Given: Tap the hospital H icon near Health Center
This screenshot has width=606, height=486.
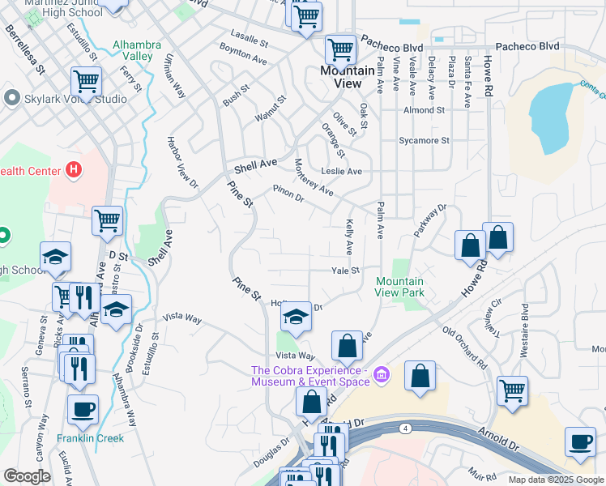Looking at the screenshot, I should coord(74,170).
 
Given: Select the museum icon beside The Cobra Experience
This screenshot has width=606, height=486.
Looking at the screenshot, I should coord(382,375).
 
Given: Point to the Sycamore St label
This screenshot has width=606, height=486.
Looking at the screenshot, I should coord(424,140).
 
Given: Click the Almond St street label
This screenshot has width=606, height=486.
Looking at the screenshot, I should coord(424,110).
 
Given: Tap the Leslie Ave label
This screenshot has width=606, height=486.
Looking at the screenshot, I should coord(342,171).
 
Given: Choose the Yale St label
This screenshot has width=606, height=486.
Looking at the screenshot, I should coord(345,271).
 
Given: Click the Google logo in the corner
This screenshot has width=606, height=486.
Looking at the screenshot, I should coord(27,476).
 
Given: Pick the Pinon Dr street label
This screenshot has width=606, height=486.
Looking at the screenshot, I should coord(288,195).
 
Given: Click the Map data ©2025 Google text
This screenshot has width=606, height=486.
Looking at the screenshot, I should coord(557,480).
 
